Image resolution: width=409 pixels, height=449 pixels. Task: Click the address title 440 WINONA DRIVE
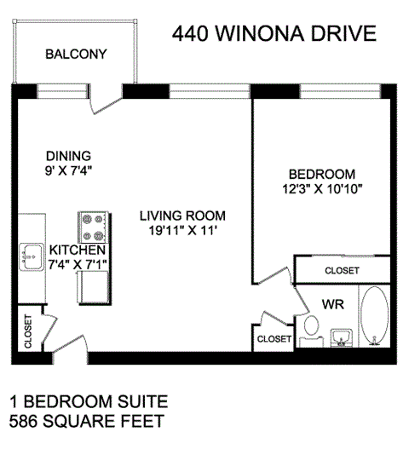(274, 34)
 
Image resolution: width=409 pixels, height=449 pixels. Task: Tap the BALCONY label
(76, 54)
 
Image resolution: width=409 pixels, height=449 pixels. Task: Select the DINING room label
(67, 156)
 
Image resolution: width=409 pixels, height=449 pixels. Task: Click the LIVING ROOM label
(184, 215)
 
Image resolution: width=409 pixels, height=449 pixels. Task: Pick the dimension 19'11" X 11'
(184, 229)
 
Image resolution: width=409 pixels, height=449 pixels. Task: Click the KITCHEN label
(77, 250)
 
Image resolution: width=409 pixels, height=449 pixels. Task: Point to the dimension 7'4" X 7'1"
(77, 265)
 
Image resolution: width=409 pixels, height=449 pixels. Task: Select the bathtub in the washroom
(373, 318)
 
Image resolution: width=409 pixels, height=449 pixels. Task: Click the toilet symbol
(312, 326)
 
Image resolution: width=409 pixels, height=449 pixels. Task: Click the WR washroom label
(332, 302)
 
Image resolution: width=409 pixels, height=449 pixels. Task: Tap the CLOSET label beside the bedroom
(342, 271)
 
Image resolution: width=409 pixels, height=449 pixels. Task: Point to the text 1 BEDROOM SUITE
(88, 401)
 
